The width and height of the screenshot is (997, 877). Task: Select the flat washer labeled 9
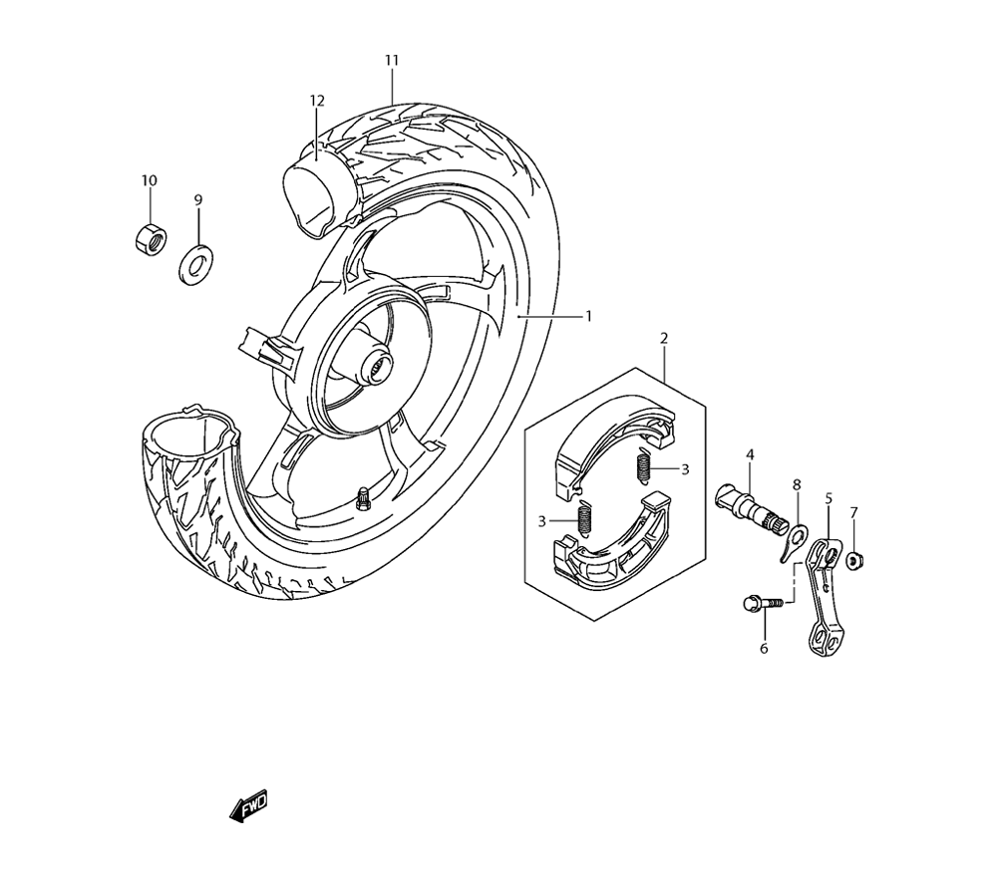coord(197,263)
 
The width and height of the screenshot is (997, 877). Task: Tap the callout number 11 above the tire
coord(392,61)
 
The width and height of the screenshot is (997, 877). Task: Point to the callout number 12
coord(317,101)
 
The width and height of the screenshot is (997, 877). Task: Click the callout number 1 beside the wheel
coord(588,316)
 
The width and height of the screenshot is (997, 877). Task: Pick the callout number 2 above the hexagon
coord(664,339)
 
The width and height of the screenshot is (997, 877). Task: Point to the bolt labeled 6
coord(757,603)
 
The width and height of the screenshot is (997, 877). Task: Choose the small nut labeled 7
coord(853,561)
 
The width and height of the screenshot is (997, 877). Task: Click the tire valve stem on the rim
coord(363,493)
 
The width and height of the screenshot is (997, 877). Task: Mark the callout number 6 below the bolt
coord(764,649)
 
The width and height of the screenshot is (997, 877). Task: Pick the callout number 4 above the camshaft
coord(750,455)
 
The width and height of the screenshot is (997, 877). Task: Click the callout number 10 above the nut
coord(149,180)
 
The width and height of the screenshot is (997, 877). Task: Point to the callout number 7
coord(853,512)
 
